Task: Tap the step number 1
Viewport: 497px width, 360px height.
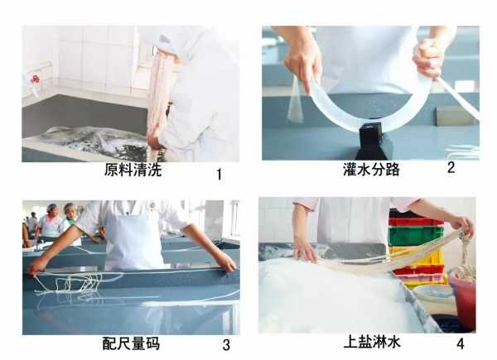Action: click(219, 175)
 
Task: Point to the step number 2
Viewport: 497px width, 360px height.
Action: click(451, 168)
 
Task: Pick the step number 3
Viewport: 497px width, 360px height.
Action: click(225, 345)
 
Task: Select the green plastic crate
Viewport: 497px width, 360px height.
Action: click(416, 235)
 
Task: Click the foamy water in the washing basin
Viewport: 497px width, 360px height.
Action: click(91, 141)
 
